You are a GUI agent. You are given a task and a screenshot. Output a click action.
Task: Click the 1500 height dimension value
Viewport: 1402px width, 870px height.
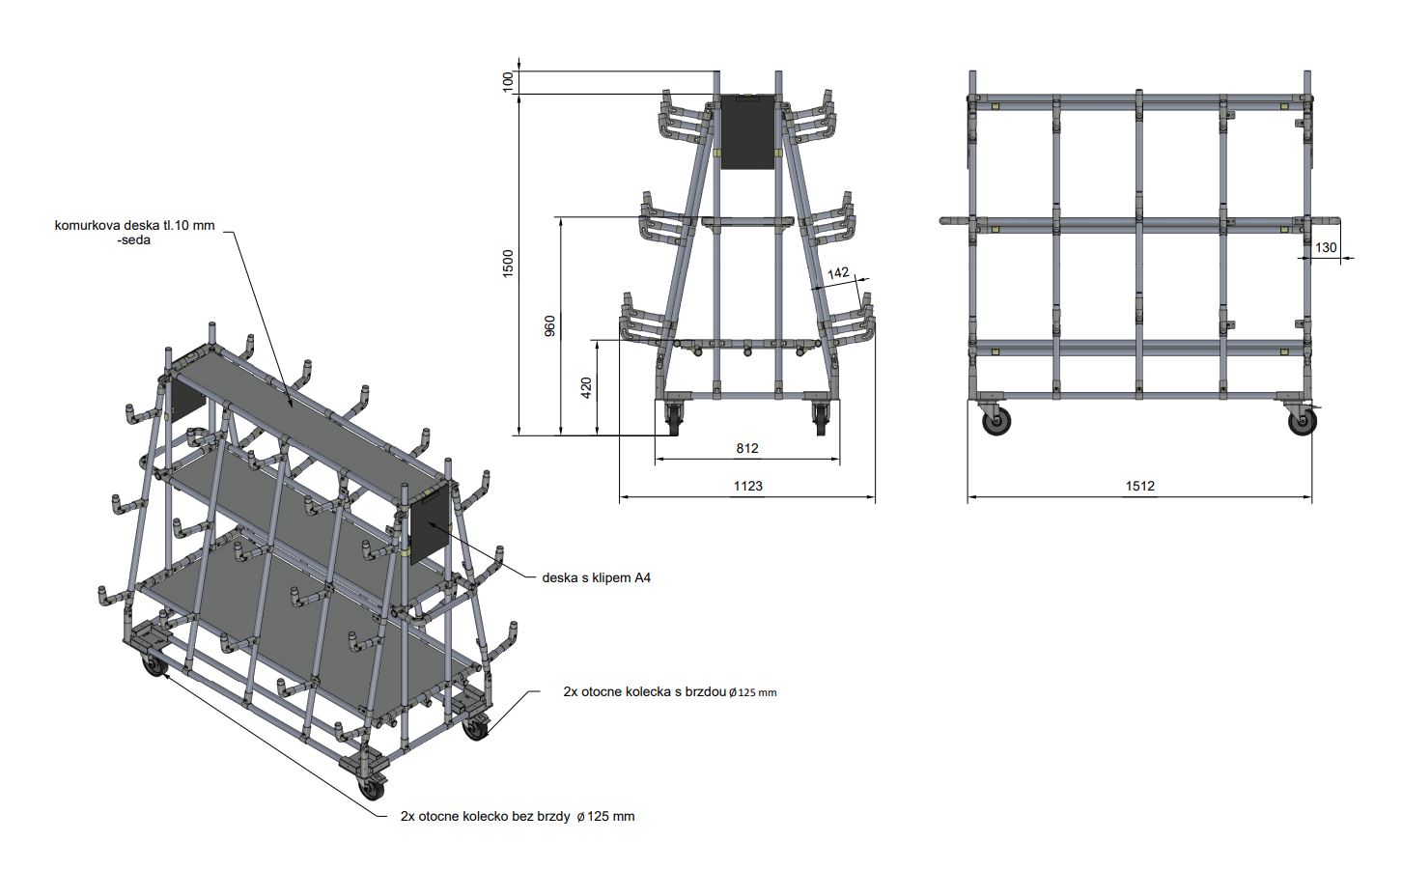point(508,263)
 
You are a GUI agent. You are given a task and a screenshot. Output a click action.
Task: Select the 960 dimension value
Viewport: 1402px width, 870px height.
point(549,326)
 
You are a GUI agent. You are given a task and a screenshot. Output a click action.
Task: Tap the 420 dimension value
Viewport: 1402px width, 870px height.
point(586,388)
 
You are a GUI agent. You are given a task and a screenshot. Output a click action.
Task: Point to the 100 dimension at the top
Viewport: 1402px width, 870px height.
point(508,81)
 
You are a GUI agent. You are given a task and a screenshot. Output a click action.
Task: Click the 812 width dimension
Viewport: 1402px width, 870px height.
point(747,448)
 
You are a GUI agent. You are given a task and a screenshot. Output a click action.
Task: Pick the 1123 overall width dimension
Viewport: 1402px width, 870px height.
point(748,486)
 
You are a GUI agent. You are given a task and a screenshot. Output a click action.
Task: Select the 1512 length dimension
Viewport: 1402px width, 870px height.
point(1139,486)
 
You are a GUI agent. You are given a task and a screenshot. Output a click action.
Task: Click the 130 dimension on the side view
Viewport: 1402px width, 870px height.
point(1326,247)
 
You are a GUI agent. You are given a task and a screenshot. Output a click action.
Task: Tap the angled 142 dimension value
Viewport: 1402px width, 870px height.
point(838,273)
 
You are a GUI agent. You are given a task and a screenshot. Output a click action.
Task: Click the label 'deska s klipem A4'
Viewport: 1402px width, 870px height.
point(596,577)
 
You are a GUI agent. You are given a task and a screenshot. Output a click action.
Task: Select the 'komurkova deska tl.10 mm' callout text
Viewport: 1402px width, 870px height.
point(134,225)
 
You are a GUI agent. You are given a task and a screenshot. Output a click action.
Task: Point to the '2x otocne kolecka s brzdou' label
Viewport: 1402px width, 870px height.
point(645,691)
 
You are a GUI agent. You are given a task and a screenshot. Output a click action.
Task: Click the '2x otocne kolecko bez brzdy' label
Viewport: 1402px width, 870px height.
point(485,816)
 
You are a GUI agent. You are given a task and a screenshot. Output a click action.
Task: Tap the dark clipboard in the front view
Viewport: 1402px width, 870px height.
point(747,131)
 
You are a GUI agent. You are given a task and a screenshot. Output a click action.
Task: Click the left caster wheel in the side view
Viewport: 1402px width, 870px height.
point(995,422)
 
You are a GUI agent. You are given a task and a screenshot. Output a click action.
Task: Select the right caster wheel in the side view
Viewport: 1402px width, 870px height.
point(1302,422)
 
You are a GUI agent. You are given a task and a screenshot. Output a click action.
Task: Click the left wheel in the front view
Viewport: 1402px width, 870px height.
point(675,419)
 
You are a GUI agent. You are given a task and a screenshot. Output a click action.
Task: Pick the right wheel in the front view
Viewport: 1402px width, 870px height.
point(820,419)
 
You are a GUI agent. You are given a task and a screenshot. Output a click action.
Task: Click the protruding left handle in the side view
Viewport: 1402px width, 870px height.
point(955,221)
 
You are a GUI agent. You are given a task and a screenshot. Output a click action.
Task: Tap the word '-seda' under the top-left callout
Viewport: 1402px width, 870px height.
point(134,239)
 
